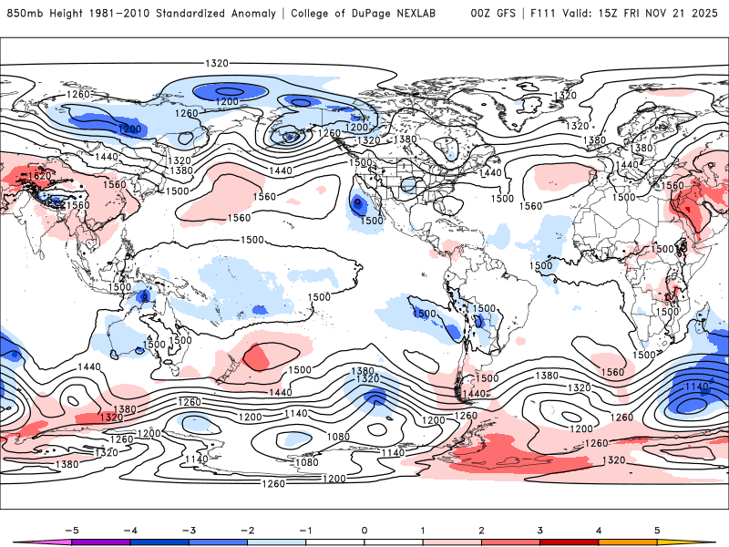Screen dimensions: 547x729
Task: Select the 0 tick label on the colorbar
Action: (364, 529)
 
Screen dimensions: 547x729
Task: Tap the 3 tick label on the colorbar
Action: (540, 529)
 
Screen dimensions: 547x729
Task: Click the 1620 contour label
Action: (39, 176)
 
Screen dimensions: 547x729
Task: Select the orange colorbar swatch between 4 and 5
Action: (628, 542)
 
